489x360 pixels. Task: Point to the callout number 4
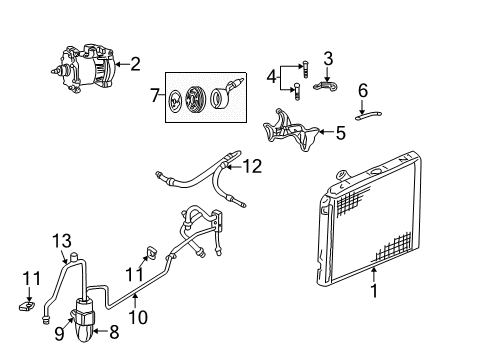coord(270,76)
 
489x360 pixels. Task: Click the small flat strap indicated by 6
coord(371,114)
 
